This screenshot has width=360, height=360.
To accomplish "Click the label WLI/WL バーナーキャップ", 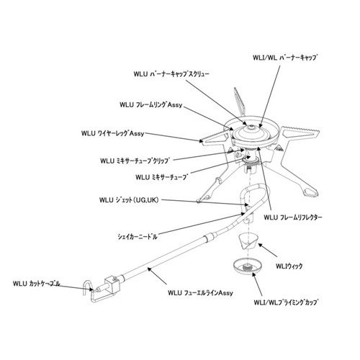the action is [x=285, y=58].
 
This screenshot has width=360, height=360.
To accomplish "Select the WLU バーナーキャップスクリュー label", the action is [x=171, y=73].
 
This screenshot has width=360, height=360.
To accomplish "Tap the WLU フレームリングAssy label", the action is [x=151, y=105].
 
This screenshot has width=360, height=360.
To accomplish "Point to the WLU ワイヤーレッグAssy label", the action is [x=112, y=133].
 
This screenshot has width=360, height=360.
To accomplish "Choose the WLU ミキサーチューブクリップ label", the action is [x=135, y=161].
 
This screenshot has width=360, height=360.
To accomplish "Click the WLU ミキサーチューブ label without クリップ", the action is [x=162, y=177].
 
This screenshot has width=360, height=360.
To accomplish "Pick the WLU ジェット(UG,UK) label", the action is [x=129, y=200].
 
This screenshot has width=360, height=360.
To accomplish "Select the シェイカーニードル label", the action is [x=138, y=237].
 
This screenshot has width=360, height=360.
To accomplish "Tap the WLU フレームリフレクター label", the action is [x=293, y=217].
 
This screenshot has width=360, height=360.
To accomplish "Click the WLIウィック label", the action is [x=289, y=266].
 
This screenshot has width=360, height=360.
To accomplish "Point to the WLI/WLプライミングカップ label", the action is [x=286, y=302].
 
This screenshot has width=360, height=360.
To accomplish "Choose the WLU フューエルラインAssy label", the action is [x=200, y=293].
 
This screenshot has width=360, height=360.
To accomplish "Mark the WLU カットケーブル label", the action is [x=37, y=284].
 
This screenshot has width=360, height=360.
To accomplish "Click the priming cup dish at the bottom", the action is [x=248, y=266].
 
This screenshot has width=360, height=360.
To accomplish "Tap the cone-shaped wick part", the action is [x=248, y=242].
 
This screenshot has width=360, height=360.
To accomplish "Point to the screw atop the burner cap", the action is [x=251, y=127].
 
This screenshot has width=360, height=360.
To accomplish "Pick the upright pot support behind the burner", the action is [x=239, y=102].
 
